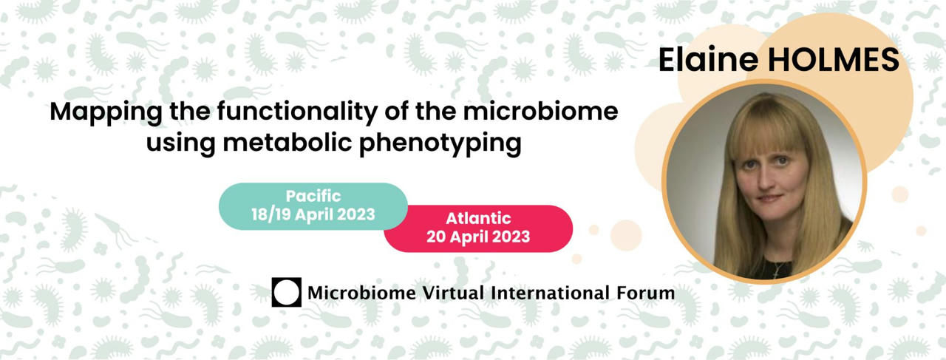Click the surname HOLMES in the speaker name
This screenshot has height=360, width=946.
tap(833, 60)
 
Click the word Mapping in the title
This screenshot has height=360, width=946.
tap(106, 113)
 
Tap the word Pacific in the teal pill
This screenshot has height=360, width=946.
tap(313, 196)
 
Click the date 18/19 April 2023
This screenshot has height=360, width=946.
tap(313, 214)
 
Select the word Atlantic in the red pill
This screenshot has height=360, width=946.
tap(478, 219)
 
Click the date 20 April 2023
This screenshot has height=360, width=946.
tap(478, 237)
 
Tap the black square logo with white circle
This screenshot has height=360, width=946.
tap(286, 292)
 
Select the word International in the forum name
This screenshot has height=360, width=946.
tap(551, 293)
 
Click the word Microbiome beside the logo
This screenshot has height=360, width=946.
tap(361, 293)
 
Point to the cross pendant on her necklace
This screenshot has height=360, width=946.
tap(776, 274)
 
